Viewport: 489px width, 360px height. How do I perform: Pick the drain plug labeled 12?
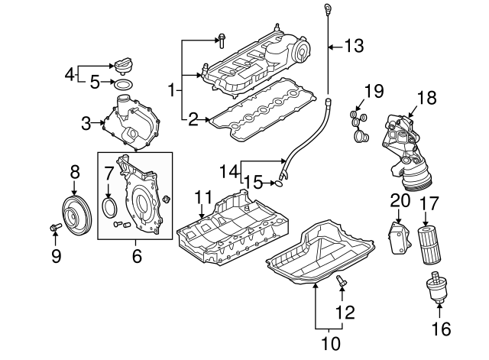pos(342,284)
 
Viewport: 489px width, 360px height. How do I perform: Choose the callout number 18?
pos(426,98)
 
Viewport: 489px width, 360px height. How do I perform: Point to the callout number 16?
pos(441,329)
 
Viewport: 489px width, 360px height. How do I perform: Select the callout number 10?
pos(330,344)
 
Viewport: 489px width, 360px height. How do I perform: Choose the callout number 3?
pos(86,122)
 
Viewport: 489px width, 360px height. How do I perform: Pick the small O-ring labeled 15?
pos(280,182)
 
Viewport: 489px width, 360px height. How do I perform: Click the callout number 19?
pos(373,93)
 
